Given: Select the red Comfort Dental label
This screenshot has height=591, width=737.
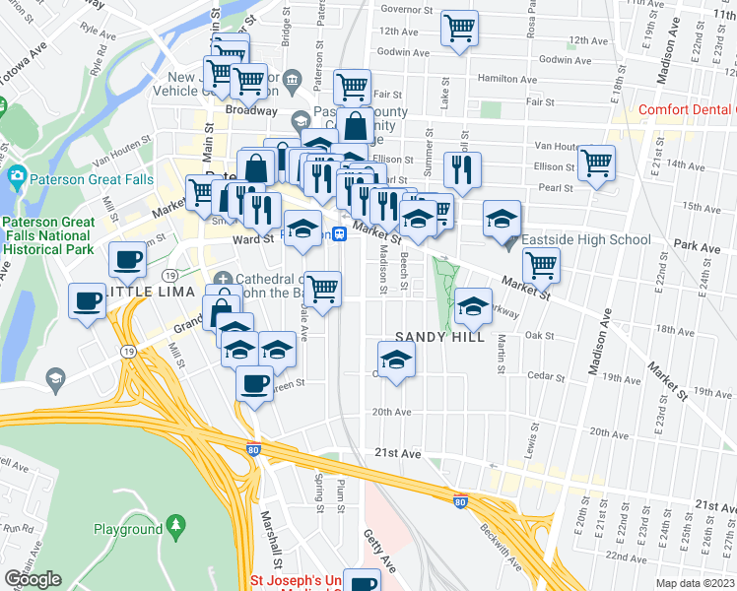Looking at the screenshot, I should (686, 110).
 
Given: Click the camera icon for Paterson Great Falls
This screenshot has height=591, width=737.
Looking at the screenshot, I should (16, 178).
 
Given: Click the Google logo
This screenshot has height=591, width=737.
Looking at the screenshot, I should (33, 579).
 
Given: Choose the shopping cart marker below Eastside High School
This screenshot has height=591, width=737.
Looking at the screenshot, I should (541, 265).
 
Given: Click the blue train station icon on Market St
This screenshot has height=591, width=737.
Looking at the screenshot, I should (338, 233).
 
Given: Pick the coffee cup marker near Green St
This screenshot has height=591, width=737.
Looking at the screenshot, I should (254, 382).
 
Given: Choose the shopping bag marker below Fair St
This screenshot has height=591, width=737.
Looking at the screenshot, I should (355, 127).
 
